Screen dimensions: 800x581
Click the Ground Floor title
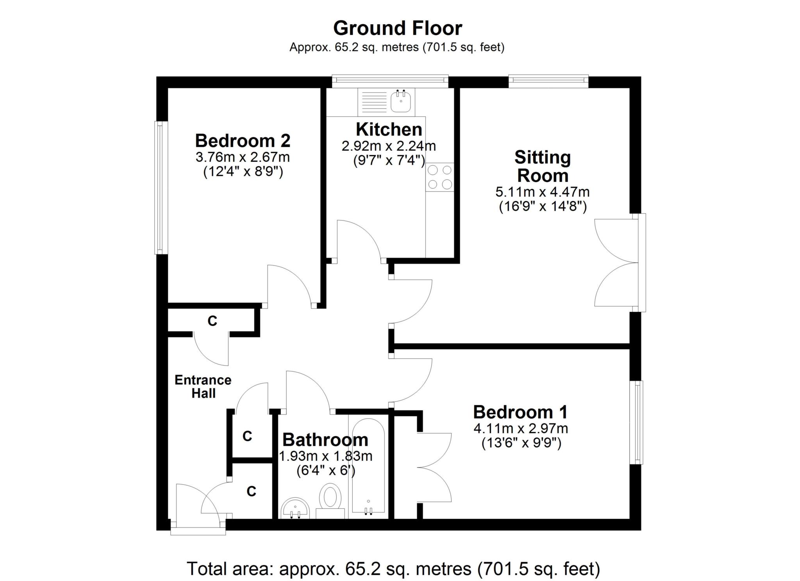pos(397,28)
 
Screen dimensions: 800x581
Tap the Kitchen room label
pos(389,129)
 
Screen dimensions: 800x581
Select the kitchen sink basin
pos(401,101)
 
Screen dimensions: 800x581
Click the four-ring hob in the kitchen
pos(440,177)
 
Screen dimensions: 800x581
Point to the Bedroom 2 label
pos(243,140)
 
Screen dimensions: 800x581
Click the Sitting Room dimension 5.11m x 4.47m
pos(542,192)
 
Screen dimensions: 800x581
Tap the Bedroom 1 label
pos(520,412)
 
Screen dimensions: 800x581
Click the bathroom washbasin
pos(295,508)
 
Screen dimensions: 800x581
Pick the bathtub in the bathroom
pos(368,466)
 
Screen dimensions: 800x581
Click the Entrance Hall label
pos(203,386)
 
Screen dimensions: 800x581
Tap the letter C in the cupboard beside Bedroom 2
pos(212,321)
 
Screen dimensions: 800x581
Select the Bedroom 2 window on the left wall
pos(161,188)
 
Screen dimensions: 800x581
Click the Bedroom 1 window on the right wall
pos(636,423)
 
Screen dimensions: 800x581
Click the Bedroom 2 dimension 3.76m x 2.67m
pos(243,158)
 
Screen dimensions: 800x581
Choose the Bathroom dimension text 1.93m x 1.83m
pos(325,456)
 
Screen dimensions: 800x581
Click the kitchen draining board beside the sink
pos(373,101)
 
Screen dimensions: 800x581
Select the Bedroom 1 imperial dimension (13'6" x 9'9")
pos(521,443)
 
